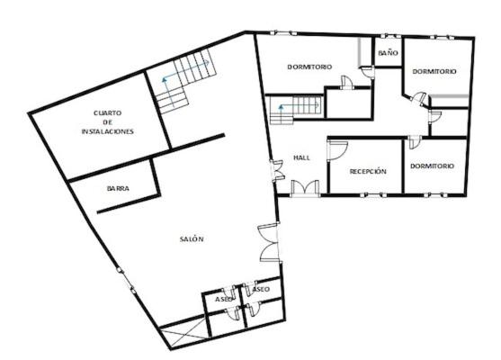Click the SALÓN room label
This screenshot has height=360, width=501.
point(192,238)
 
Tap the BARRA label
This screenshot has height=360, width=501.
point(118,188)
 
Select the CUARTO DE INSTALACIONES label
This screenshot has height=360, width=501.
point(108,122)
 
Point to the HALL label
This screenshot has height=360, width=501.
point(301,157)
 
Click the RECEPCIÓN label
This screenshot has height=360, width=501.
point(368,171)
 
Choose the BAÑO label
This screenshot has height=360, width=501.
point(389,53)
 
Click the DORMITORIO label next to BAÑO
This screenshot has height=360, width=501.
point(434,71)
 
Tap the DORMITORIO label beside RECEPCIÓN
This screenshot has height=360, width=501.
point(432,166)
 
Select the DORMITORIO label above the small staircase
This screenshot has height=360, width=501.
point(309,67)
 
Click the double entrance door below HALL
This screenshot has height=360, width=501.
point(305,188)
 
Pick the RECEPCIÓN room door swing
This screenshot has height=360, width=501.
point(337,149)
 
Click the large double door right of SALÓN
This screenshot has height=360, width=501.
point(269,243)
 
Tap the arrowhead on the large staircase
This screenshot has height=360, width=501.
point(165,79)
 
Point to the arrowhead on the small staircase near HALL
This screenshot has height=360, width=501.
point(281,106)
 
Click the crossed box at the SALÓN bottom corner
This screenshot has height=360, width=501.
point(183,334)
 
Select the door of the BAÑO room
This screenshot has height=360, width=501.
point(368,72)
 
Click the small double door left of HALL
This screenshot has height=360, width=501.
point(277,170)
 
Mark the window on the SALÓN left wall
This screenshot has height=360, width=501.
point(126,281)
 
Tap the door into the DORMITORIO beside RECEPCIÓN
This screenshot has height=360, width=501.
point(415,142)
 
